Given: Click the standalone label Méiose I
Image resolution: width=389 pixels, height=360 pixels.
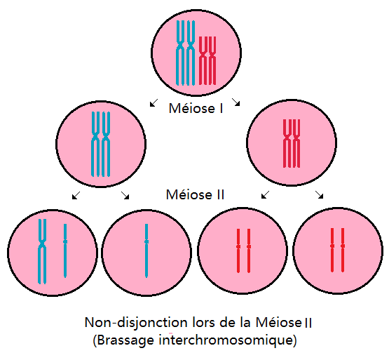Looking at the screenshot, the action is (x=196, y=108).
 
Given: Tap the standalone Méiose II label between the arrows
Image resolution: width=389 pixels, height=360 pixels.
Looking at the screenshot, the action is (x=195, y=194).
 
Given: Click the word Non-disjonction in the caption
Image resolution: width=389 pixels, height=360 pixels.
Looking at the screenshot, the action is (x=136, y=323).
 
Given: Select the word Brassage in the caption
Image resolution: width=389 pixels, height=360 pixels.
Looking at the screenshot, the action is (x=123, y=340).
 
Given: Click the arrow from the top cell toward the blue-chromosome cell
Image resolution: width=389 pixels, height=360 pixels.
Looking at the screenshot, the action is (x=153, y=102).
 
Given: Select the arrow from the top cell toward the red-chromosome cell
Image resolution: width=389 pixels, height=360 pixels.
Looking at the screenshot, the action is (x=236, y=102).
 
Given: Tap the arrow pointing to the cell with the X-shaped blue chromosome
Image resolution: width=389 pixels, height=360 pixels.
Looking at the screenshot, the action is (x=76, y=195).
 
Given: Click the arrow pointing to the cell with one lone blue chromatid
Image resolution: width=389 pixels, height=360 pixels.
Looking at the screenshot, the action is (x=125, y=195).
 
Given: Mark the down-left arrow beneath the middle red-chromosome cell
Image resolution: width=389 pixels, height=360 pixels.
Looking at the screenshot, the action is (x=266, y=195).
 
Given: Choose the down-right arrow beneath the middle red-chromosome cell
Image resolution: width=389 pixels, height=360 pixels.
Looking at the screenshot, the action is (x=319, y=194).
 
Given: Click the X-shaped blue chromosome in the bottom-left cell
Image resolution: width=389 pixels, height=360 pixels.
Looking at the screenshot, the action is (x=42, y=251).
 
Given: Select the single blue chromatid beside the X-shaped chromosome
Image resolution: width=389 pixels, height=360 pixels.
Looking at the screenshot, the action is (x=65, y=251).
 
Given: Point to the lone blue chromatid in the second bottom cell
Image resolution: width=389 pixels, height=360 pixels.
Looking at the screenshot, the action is (x=146, y=251).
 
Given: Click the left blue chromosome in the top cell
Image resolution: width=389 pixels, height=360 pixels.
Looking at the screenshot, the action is (x=180, y=53).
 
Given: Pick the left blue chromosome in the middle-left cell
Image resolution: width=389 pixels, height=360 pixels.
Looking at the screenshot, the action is (x=96, y=144).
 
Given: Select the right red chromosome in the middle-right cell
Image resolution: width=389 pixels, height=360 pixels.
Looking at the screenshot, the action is (x=296, y=143).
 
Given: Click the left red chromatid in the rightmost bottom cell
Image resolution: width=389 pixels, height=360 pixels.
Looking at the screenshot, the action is (x=332, y=250).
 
